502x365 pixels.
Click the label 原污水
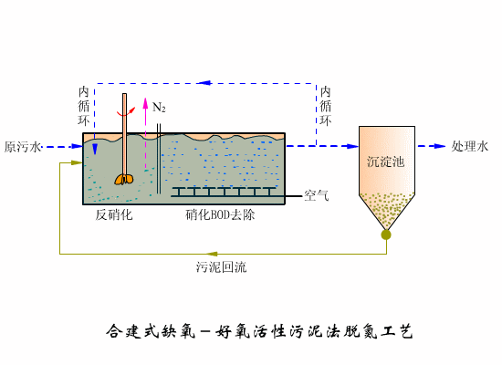coord(23,146)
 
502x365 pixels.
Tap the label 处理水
coord(471,146)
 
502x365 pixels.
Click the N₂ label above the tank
coord(159,108)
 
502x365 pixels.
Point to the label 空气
coord(317,195)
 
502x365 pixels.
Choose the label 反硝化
coord(115,215)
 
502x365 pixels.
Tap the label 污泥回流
coord(221,267)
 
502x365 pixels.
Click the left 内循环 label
coord(83,106)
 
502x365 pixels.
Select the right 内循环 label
coord(326,106)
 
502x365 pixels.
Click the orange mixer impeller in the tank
coord(124,179)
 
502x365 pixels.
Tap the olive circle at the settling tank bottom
coord(386,235)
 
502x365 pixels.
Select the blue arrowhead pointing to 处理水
coord(442,146)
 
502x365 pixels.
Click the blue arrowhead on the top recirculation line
coord(205,84)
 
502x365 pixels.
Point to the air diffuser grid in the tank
coord(225,191)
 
